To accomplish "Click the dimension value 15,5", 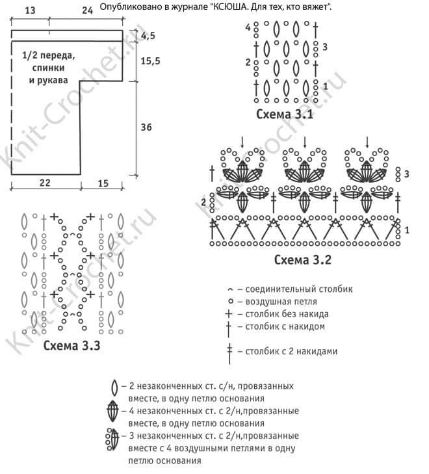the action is tap(150, 61).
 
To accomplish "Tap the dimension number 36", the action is tap(146, 127).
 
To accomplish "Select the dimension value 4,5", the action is tap(148, 36).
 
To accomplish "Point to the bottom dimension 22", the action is tap(45, 183).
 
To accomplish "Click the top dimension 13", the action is tap(30, 10).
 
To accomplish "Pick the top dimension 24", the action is tap(87, 10).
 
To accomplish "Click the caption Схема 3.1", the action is tap(285, 114).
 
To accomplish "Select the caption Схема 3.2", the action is tap(303, 259).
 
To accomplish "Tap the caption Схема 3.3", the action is tap(71, 345).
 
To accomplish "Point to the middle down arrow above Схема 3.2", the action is tap(305, 142).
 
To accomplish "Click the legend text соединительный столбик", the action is tap(299, 289).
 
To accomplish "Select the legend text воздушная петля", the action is tap(281, 302).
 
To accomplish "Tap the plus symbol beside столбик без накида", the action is tap(229, 314).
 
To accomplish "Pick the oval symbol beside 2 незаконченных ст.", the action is tap(114, 388).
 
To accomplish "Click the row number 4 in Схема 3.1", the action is tap(248, 28).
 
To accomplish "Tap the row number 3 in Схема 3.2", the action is tap(407, 174).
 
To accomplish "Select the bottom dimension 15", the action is tap(103, 183).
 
